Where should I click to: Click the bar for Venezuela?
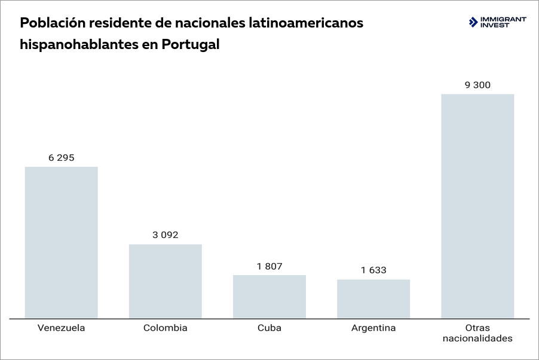pos(61,242)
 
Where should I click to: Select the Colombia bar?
pos(166,281)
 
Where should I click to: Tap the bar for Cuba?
pos(269,297)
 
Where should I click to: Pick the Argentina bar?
pos(373,299)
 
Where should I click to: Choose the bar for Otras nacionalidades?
pos(477,206)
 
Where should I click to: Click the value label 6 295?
pos(61,158)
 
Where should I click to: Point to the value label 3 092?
pos(166,235)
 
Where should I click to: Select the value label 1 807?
pos(269,266)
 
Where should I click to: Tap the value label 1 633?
pos(373,270)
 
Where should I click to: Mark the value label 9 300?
pos(477,85)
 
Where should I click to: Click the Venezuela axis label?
pos(61,328)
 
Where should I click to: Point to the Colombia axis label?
pos(166,328)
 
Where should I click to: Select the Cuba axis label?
pos(269,328)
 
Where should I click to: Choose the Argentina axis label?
pos(373,328)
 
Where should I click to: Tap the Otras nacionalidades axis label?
pos(477,333)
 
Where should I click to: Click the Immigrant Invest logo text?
pos(503,22)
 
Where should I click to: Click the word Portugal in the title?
pos(190,45)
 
